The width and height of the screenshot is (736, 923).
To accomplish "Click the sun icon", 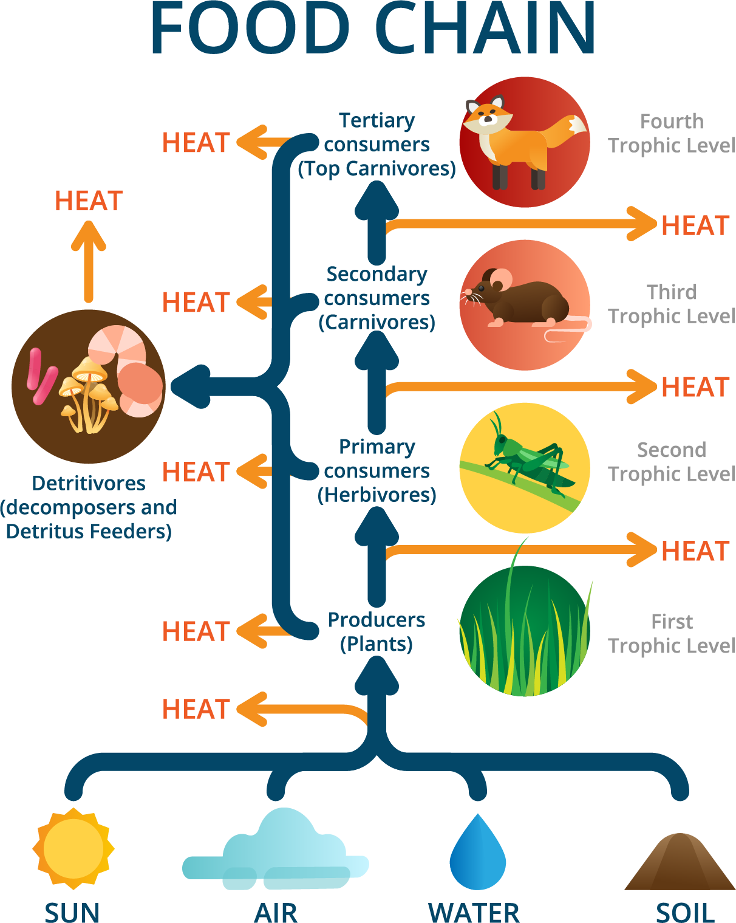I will coord(73,848).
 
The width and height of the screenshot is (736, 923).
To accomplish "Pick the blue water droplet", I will coord(478,854).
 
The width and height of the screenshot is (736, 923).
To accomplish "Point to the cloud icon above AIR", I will coord(276,851).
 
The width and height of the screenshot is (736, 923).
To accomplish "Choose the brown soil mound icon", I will coord(680,863).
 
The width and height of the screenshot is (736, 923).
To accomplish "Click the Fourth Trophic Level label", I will coord(672,134).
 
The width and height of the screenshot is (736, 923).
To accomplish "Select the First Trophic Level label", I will coord(672,634).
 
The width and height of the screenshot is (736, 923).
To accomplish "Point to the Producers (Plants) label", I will coord(377,632).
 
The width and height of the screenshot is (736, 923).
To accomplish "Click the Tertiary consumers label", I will coord(377,145).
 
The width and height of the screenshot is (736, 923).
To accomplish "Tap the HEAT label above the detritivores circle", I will coord(89,201).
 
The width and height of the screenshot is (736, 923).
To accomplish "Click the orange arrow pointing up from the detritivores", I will coord(89,261).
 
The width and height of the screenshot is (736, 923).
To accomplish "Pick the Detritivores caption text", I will coord(89,507).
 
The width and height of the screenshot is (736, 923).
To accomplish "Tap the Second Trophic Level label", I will coord(672,462).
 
